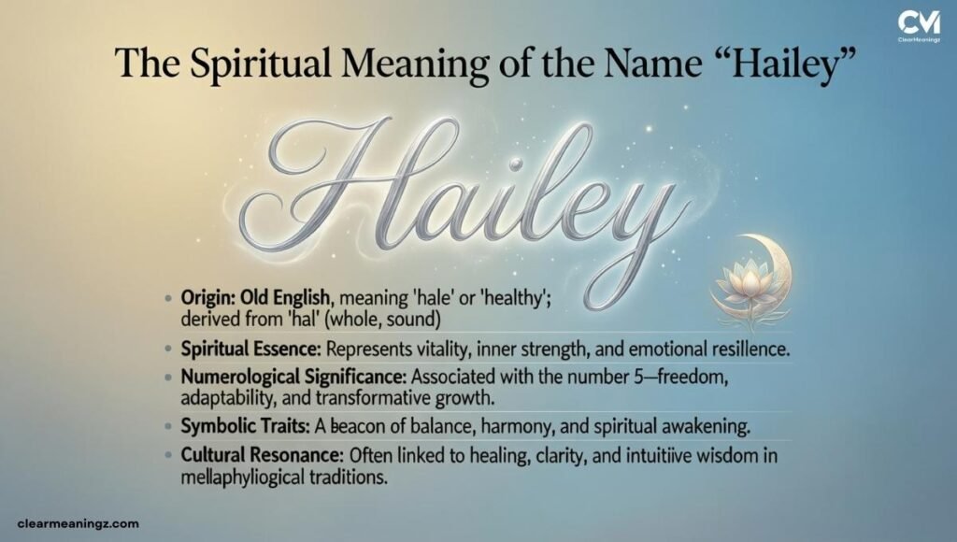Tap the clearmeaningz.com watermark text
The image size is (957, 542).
click(x=79, y=525)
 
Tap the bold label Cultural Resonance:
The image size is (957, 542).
click(x=264, y=460)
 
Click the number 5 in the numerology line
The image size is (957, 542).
click(x=669, y=380)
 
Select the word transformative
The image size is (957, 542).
click(x=386, y=399)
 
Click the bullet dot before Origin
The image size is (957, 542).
click(x=166, y=298)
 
